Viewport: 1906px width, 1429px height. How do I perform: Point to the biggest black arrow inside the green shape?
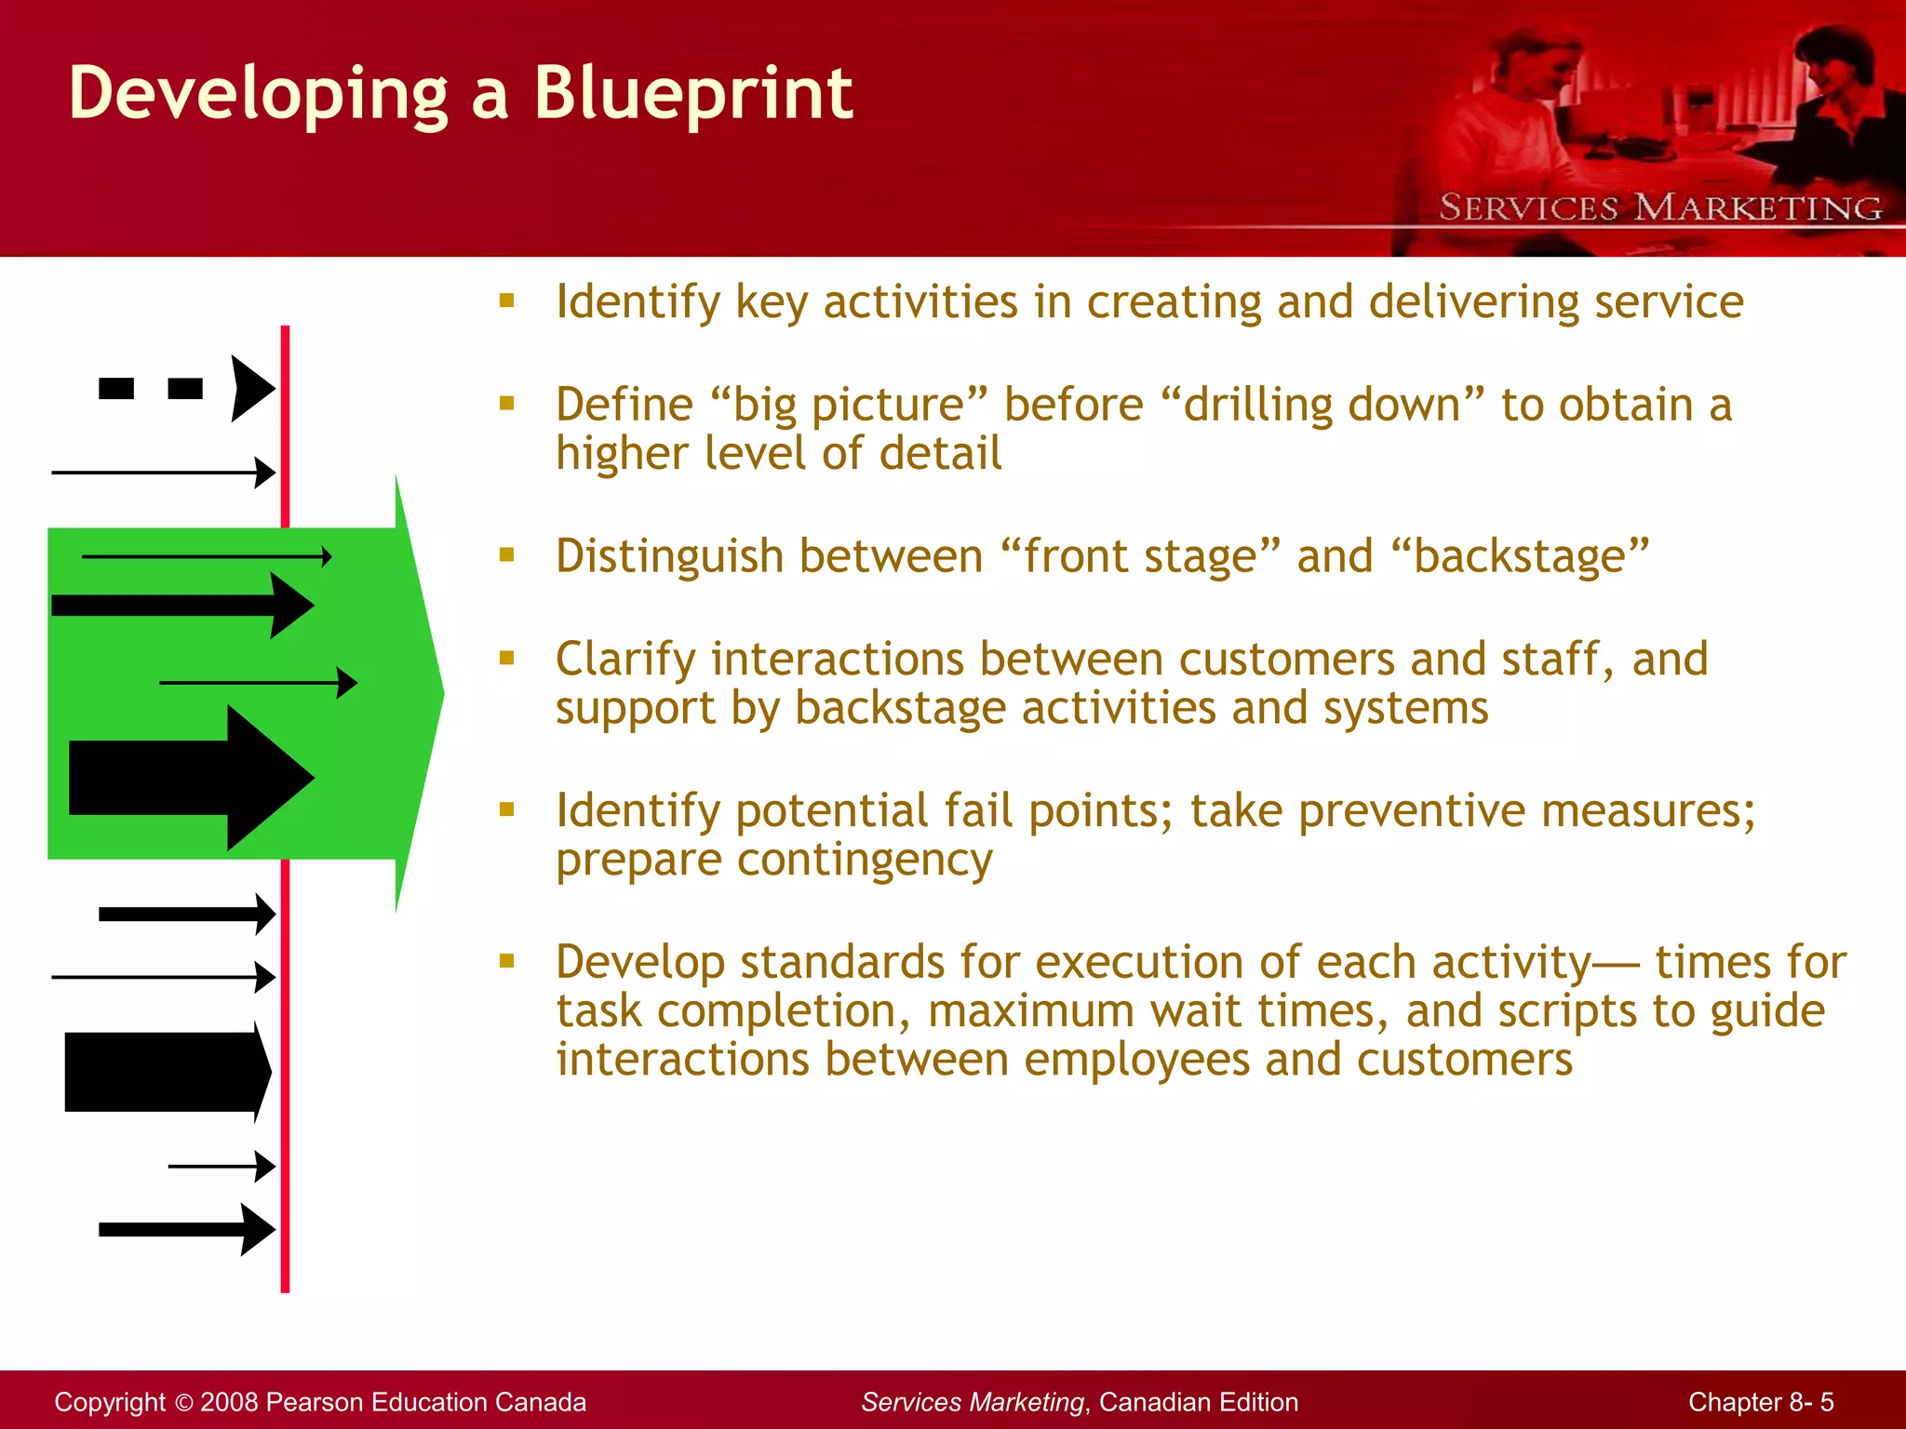(x=191, y=778)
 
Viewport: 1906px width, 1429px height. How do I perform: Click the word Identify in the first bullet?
(x=638, y=302)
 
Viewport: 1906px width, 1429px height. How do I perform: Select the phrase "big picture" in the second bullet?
(x=847, y=406)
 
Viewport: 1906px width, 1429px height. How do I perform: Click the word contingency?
(x=865, y=859)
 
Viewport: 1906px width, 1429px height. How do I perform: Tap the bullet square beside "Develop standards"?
(x=506, y=961)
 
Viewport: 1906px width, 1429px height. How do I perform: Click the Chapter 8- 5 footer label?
(x=1760, y=1402)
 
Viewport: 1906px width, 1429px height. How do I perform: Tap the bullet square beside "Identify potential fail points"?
(x=506, y=809)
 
